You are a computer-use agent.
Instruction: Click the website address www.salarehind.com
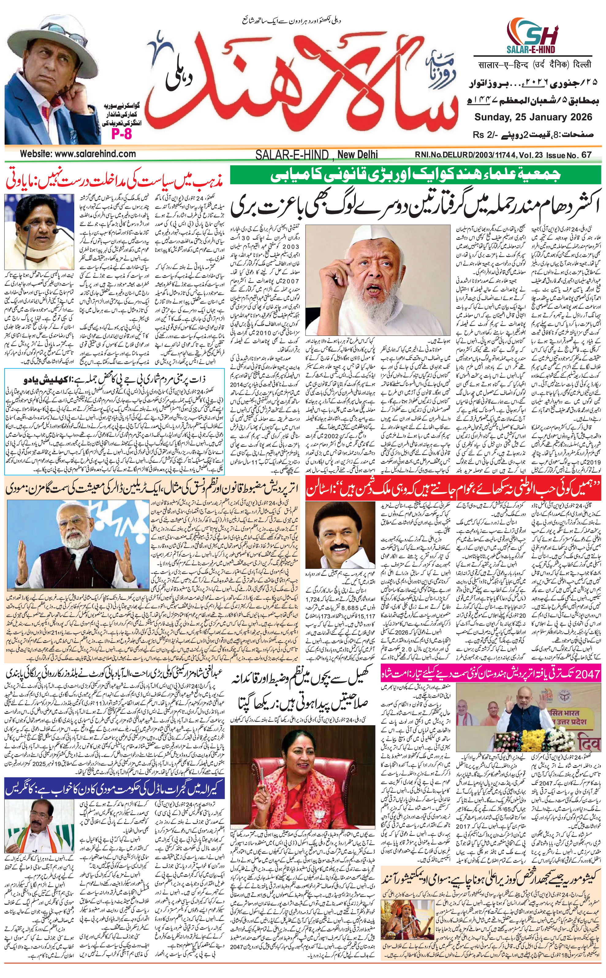click(78, 154)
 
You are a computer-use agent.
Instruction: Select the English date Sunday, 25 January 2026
click(533, 117)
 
